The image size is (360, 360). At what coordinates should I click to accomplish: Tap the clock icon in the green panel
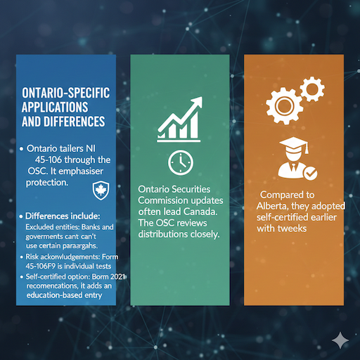180,162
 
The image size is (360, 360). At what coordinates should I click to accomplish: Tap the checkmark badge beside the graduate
309,172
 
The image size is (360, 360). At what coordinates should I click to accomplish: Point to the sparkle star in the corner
341,340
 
